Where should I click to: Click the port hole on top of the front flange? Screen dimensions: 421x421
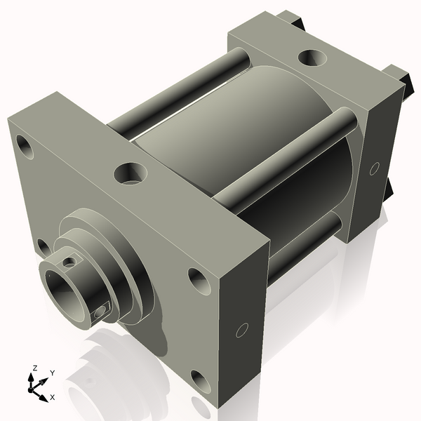(x=131, y=172)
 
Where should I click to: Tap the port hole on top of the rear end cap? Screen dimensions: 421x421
(x=309, y=57)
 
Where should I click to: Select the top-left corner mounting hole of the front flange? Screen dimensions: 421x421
(x=26, y=147)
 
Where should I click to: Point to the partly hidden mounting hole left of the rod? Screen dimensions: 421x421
(x=43, y=246)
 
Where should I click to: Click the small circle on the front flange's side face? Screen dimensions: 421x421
(x=243, y=329)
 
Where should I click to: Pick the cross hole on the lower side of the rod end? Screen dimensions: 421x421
(x=102, y=309)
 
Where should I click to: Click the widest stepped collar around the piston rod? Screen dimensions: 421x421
(x=137, y=274)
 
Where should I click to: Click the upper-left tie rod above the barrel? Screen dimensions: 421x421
(x=175, y=91)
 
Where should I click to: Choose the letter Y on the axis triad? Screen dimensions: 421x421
(x=52, y=373)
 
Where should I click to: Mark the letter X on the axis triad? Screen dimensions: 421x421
(x=53, y=397)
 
